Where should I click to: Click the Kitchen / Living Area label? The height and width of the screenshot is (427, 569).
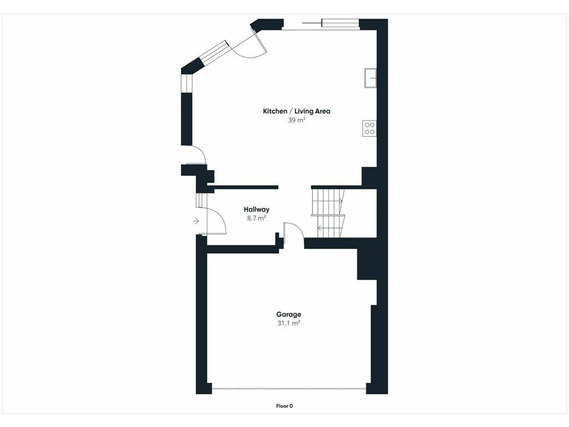[x=297, y=111]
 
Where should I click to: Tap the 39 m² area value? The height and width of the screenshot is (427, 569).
[x=297, y=120]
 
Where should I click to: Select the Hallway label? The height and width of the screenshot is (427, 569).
[x=257, y=209]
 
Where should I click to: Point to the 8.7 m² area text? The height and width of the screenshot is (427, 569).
[x=257, y=218]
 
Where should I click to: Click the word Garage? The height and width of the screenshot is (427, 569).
[x=289, y=315]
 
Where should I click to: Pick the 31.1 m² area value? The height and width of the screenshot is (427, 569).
[x=289, y=323]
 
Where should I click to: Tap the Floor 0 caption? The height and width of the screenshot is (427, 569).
[x=284, y=406]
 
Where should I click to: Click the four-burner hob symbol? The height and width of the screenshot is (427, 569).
[x=370, y=128]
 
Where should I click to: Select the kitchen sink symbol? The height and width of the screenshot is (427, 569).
[x=371, y=78]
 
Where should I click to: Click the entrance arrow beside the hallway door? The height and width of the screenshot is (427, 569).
[x=196, y=221]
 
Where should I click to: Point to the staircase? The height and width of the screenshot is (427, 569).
[x=328, y=213]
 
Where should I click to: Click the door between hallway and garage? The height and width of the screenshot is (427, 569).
[x=293, y=232]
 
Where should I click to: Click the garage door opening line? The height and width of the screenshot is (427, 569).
[x=289, y=389]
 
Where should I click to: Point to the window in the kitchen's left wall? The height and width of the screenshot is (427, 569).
[x=187, y=83]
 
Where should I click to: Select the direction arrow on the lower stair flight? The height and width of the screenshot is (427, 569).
[x=320, y=229]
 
